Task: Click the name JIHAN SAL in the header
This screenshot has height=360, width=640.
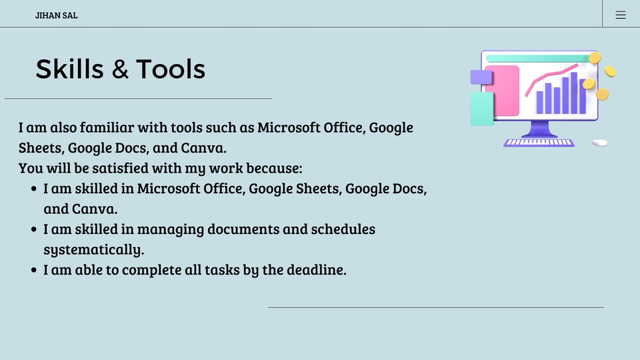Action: point(56,15)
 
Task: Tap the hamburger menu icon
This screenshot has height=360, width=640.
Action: point(621,15)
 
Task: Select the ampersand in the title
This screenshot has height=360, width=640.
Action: point(121,69)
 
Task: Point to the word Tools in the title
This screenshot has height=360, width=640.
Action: point(171,69)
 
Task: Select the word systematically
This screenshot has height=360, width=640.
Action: point(93,250)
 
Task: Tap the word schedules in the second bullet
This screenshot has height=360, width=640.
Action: point(342,229)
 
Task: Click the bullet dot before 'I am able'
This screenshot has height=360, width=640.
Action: point(34,271)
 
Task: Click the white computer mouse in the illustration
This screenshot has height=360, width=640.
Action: point(599,143)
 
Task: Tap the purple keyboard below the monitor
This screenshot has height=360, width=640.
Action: point(539,142)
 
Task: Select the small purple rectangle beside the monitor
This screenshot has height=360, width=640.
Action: point(481,77)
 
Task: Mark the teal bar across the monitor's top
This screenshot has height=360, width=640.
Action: point(537,59)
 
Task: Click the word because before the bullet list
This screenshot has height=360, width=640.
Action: point(274,168)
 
